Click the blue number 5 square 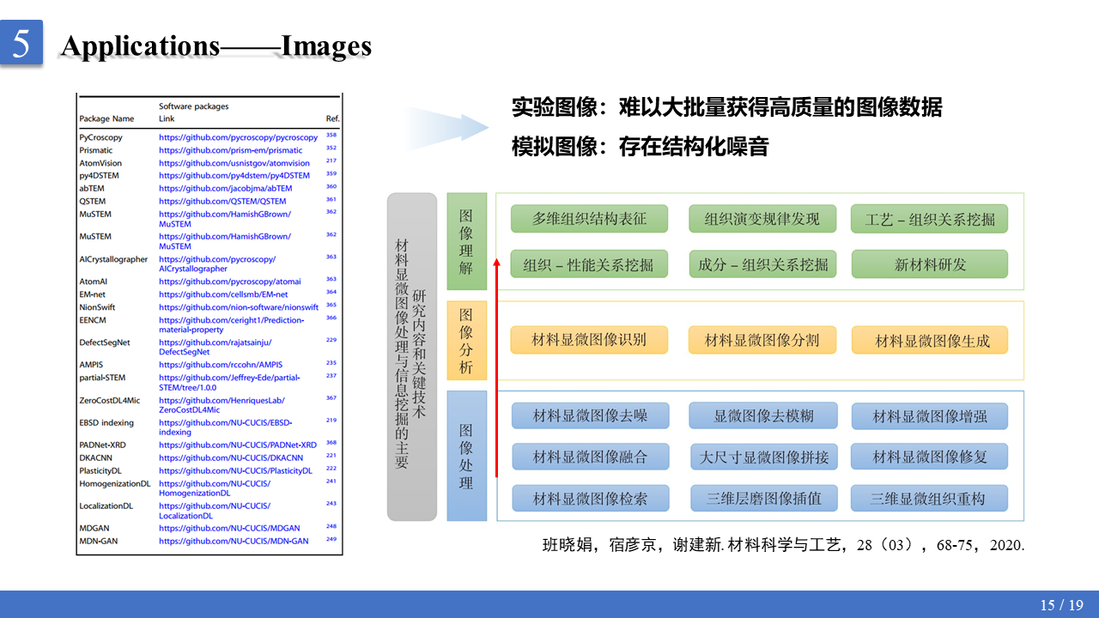point(21,43)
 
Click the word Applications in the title point(141,45)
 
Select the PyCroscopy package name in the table point(101,136)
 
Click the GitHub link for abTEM point(225,188)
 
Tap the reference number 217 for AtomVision point(331,161)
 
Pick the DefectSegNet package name point(105,342)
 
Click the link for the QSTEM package point(222,201)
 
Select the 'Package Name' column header point(106,118)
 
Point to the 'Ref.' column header point(332,118)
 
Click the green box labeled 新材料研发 point(929,264)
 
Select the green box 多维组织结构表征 point(588,219)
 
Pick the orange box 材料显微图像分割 point(762,341)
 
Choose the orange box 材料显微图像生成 point(929,341)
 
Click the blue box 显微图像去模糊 point(762,416)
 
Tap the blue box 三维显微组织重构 point(929,499)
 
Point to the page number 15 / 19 point(1061,605)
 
